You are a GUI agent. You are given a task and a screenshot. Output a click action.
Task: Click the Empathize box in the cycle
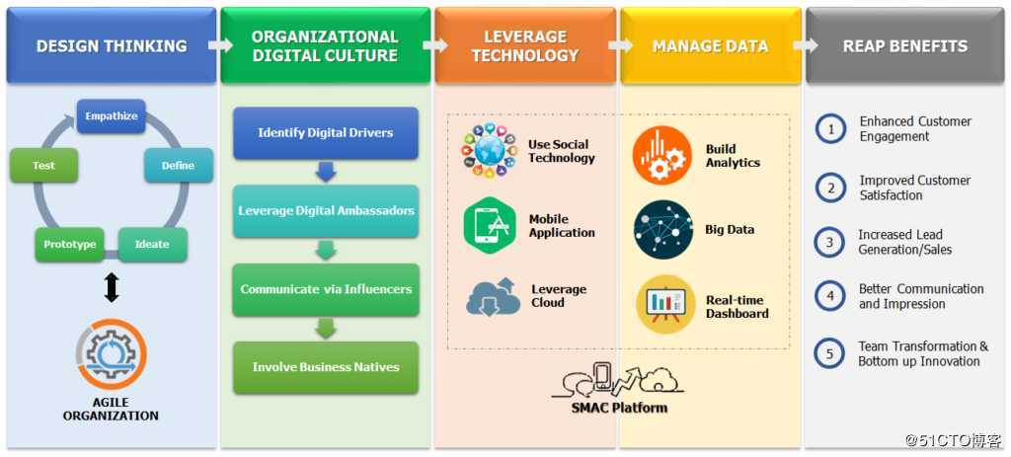coord(111,116)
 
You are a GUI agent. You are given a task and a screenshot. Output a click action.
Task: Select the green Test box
coord(43,166)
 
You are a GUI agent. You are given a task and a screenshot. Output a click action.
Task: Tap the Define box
coord(178,166)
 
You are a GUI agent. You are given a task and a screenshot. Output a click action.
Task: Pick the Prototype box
coord(69,244)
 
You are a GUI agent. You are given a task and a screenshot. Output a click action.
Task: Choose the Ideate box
coord(152,244)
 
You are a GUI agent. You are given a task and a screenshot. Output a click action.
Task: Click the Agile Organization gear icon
coord(111,354)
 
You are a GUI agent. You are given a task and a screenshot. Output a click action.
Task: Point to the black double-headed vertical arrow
coord(112,287)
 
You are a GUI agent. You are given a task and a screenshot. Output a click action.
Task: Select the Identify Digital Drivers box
coord(326,132)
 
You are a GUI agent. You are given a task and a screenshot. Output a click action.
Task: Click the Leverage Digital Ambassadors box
coord(326,210)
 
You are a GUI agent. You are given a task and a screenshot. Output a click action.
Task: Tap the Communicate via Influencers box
coord(326,289)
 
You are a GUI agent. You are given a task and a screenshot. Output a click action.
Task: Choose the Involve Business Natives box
coord(326,367)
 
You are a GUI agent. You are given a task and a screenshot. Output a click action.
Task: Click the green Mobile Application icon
coord(490,226)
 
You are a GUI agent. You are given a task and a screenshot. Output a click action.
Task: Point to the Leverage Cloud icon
coord(493,296)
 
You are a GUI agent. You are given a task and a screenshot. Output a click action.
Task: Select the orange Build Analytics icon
coord(662,156)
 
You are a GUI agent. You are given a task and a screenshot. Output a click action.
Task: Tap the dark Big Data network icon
coord(662,230)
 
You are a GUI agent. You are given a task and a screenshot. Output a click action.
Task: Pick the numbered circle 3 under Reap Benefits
coord(830,242)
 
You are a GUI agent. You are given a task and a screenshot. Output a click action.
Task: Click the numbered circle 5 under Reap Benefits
coord(830,353)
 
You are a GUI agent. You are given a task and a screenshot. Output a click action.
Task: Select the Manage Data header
coord(710,46)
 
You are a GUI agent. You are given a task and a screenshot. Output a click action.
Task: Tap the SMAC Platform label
coord(619,408)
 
